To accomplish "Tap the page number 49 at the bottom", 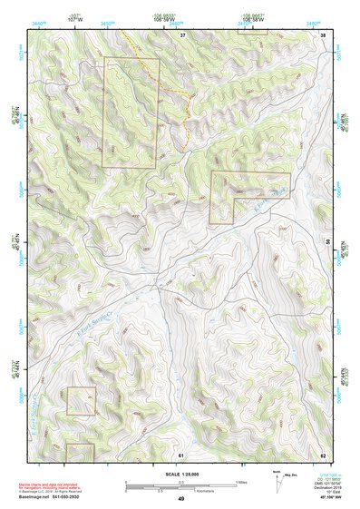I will coord(180,499).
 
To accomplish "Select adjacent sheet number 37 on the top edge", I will coord(182,34).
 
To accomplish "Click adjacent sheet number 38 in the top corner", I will coord(323,34).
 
